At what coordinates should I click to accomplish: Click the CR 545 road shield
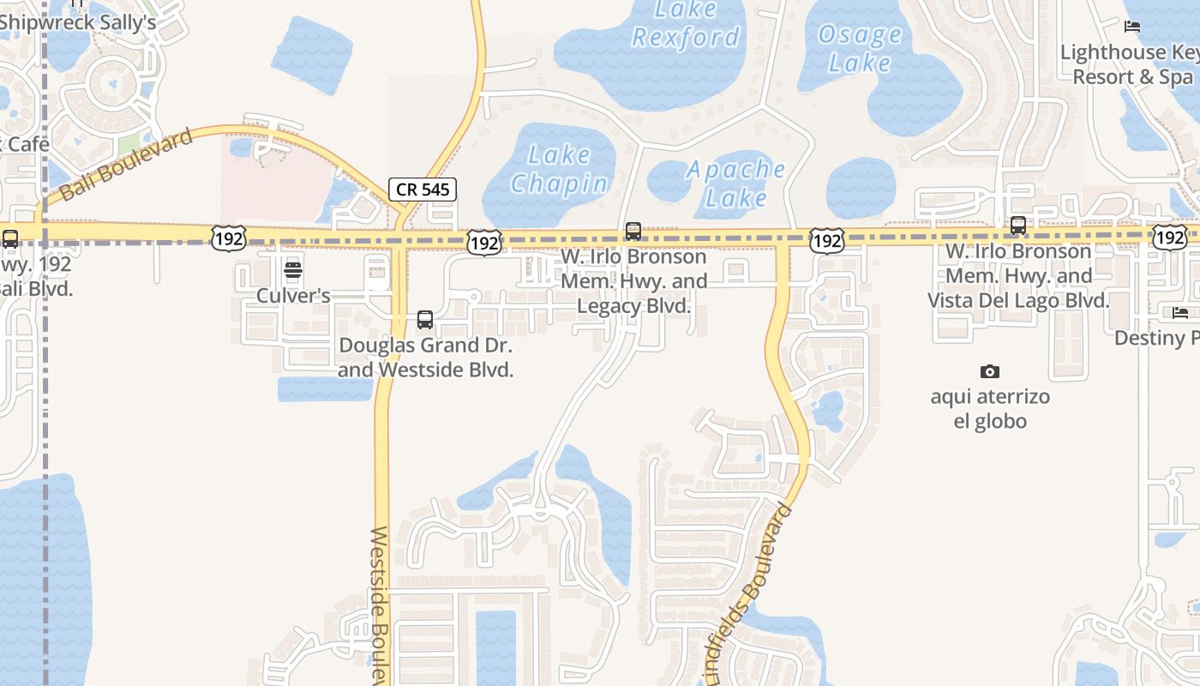click(x=423, y=190)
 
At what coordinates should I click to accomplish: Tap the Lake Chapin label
click(x=560, y=169)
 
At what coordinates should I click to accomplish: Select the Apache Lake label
click(x=736, y=183)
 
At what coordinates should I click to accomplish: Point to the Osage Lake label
click(x=860, y=48)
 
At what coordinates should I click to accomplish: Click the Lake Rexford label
click(x=686, y=24)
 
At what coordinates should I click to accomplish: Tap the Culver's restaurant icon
click(x=293, y=272)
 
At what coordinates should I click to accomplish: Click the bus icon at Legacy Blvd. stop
click(x=633, y=231)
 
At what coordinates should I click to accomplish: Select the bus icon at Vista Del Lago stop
click(x=1018, y=226)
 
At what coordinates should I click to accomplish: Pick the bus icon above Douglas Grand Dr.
click(x=425, y=320)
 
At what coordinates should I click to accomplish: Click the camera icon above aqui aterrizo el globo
click(x=990, y=371)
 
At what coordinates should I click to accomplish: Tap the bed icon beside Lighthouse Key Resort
click(x=1132, y=27)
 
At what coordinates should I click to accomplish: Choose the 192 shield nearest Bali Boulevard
click(x=229, y=238)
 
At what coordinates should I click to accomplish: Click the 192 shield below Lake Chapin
click(x=484, y=244)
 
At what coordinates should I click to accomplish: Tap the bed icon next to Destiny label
click(x=1180, y=313)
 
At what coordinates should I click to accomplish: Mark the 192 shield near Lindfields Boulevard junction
click(x=826, y=242)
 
